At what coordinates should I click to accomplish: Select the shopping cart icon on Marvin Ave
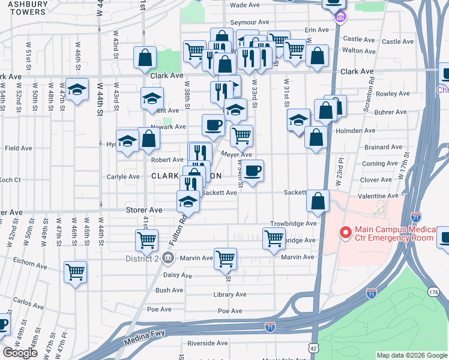point(225,259)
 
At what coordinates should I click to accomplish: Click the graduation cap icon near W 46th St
point(77,89)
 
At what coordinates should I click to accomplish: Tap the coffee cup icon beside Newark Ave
point(213,125)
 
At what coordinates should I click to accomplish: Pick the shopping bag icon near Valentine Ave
point(319,201)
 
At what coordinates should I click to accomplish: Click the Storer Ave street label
point(144,210)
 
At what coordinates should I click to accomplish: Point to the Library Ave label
point(230,295)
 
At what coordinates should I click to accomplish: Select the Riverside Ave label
point(208,343)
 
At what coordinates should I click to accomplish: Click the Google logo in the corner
point(20,352)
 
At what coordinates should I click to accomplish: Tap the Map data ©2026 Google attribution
point(412,355)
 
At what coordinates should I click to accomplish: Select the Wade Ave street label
point(245,5)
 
